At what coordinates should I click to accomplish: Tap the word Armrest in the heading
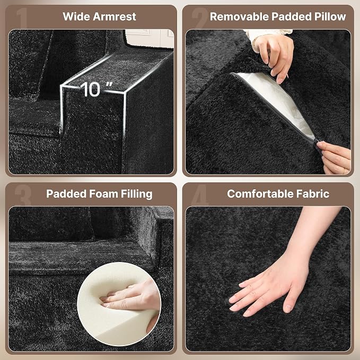pyautogui.click(x=115, y=17)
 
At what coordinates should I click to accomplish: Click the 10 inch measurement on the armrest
pyautogui.click(x=96, y=89)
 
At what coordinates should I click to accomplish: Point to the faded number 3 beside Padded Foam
pyautogui.click(x=23, y=195)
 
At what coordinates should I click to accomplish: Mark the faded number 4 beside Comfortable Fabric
pyautogui.click(x=200, y=195)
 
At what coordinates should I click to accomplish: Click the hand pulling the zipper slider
pyautogui.click(x=335, y=158)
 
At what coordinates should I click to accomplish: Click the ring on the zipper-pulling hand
pyautogui.click(x=344, y=171)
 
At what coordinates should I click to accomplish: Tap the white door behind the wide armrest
pyautogui.click(x=149, y=39)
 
